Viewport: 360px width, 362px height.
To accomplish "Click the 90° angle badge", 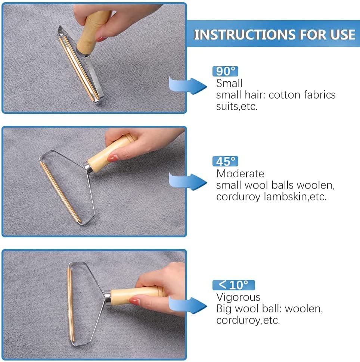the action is pos(225,71).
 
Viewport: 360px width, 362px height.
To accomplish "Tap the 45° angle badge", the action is pos(225,161).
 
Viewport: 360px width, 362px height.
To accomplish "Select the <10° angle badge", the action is pos(234,285).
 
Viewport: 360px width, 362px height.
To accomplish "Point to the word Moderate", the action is pos(240,174).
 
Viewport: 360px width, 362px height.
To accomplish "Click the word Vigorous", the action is pos(238,297).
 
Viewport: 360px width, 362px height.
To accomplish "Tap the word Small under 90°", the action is pos(229,83).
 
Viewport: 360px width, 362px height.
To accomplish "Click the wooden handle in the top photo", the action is pos(93,32).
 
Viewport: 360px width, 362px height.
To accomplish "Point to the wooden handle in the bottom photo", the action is pos(136,295).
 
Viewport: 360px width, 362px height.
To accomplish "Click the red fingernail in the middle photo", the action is pos(113,158).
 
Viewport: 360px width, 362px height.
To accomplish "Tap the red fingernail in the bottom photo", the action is pos(134,301).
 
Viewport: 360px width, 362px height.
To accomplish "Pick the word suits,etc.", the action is pos(237,107).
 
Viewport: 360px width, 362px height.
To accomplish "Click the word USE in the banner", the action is pos(343,35).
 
